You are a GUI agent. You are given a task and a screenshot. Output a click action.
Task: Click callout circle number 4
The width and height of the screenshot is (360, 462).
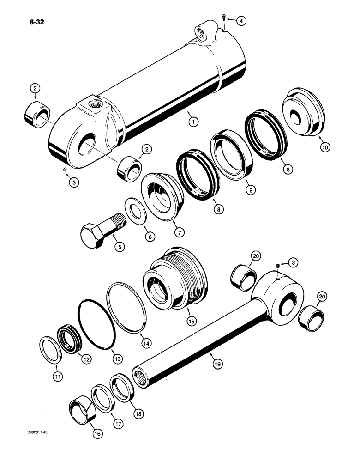point(242,21)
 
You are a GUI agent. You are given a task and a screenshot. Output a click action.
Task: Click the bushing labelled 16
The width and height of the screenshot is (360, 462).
point(81,409)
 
